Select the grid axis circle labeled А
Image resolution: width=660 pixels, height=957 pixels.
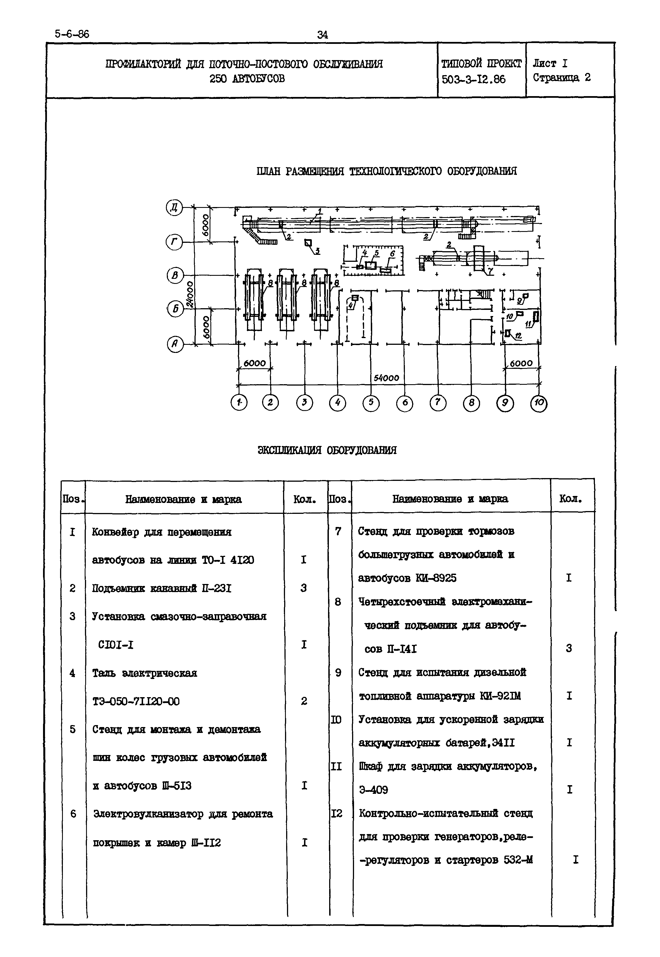point(175,344)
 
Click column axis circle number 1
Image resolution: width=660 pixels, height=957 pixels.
point(239,402)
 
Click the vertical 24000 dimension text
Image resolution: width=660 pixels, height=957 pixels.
point(190,294)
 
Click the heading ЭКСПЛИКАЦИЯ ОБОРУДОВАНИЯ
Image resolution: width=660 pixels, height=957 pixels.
point(327,450)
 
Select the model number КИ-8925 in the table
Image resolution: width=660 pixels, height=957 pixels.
point(436,578)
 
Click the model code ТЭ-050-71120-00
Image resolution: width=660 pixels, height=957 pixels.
point(136,701)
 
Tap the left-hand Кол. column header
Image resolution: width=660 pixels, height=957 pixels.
point(305,499)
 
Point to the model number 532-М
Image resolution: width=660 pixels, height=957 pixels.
point(518,860)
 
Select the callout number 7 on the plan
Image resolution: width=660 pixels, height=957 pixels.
point(490,271)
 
